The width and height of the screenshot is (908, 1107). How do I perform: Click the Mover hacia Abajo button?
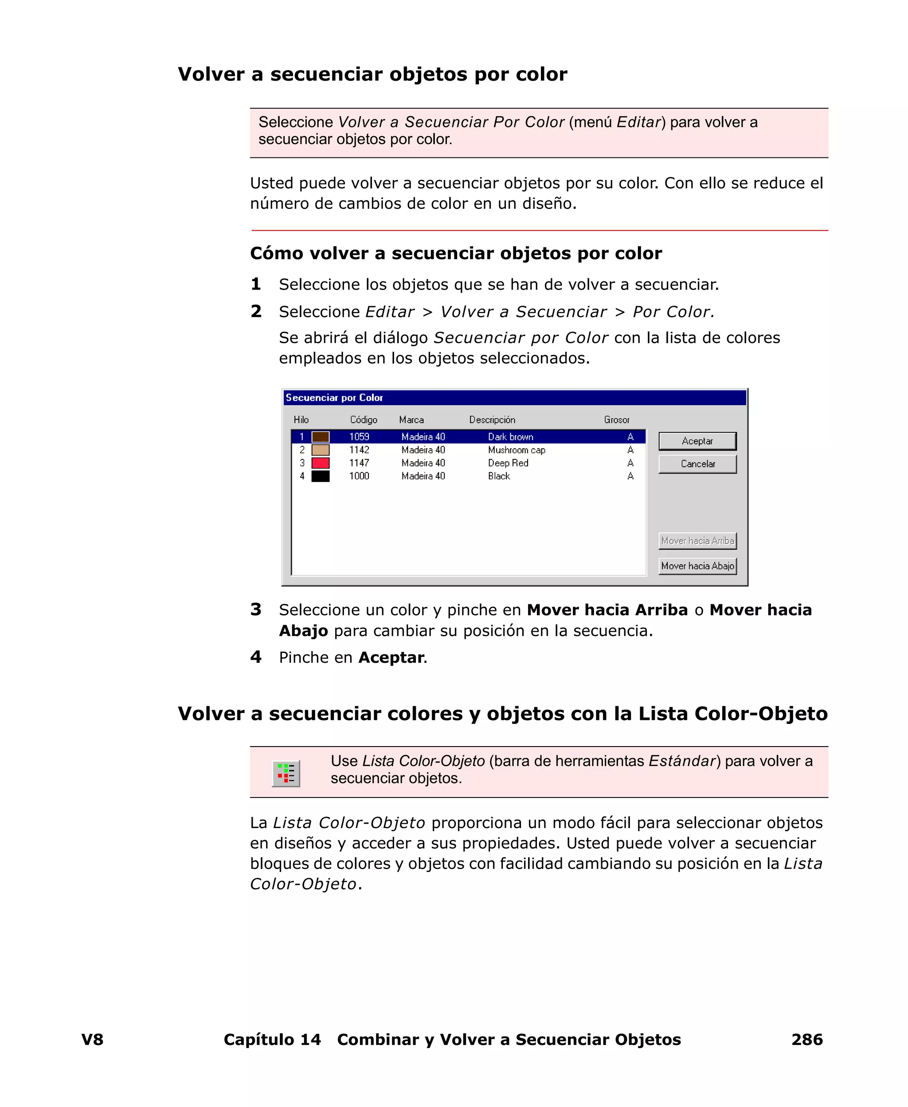(697, 566)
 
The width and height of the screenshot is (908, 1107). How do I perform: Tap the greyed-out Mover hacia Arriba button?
(697, 541)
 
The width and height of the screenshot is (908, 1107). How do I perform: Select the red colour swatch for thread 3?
(320, 463)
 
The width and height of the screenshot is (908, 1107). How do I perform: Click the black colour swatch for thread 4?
(320, 476)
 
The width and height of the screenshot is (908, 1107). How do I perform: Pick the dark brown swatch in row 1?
(320, 437)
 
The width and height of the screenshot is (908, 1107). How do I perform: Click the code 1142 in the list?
(359, 450)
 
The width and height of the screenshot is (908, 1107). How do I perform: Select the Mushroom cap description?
(516, 450)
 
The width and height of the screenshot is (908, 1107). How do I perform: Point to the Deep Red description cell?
(508, 463)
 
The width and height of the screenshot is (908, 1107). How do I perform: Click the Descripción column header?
(492, 419)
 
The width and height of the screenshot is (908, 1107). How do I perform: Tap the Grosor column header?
(616, 419)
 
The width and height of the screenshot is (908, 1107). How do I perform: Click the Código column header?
(364, 419)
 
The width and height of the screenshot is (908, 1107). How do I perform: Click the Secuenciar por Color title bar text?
(334, 397)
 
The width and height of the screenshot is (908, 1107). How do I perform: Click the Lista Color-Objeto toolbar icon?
(286, 773)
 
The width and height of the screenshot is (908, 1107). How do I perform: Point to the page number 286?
(806, 1039)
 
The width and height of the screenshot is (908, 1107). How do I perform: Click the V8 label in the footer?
(92, 1039)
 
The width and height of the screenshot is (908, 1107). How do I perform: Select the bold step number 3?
(256, 609)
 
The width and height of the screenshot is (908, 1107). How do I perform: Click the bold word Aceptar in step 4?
(391, 657)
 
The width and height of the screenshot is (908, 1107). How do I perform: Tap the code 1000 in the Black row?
(359, 476)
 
